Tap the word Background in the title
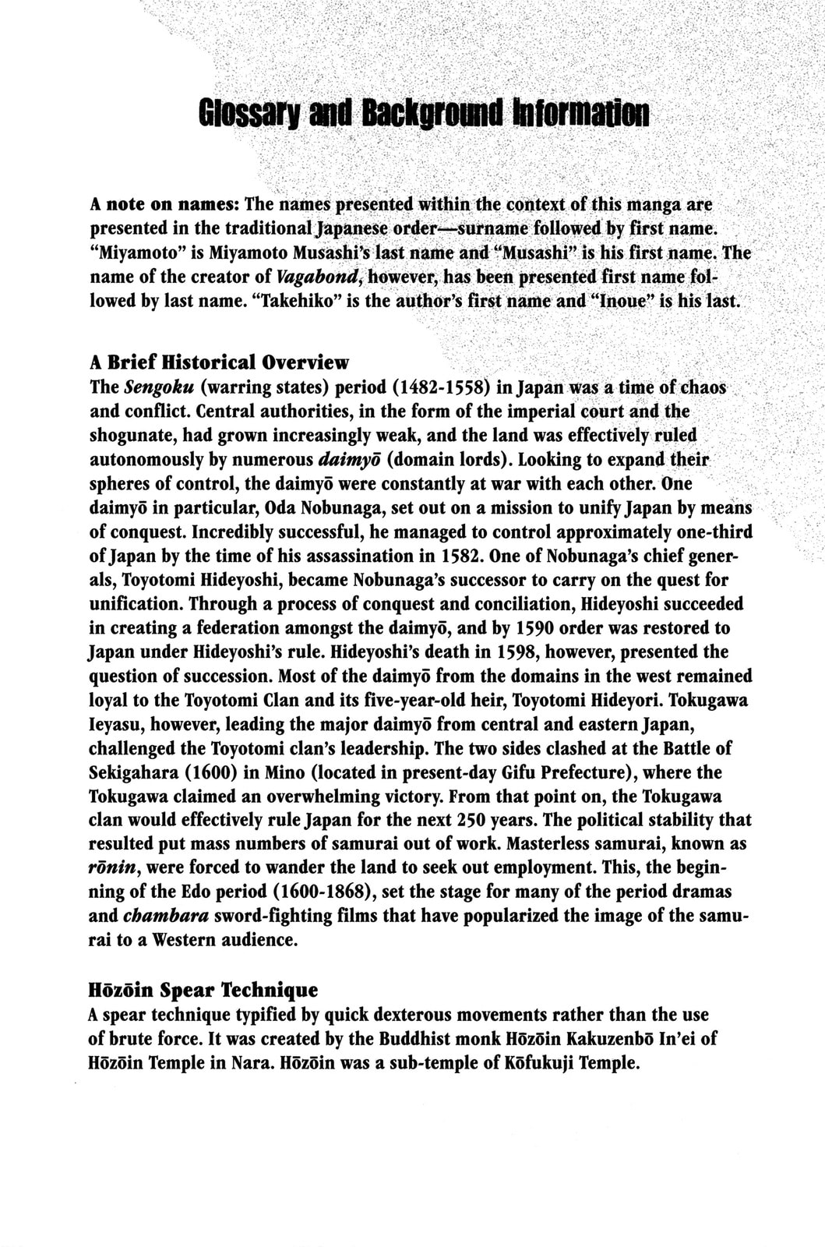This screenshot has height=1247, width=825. (x=432, y=114)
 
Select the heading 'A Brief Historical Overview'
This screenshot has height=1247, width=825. (x=220, y=362)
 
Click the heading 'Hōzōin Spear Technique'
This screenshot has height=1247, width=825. (x=203, y=991)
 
